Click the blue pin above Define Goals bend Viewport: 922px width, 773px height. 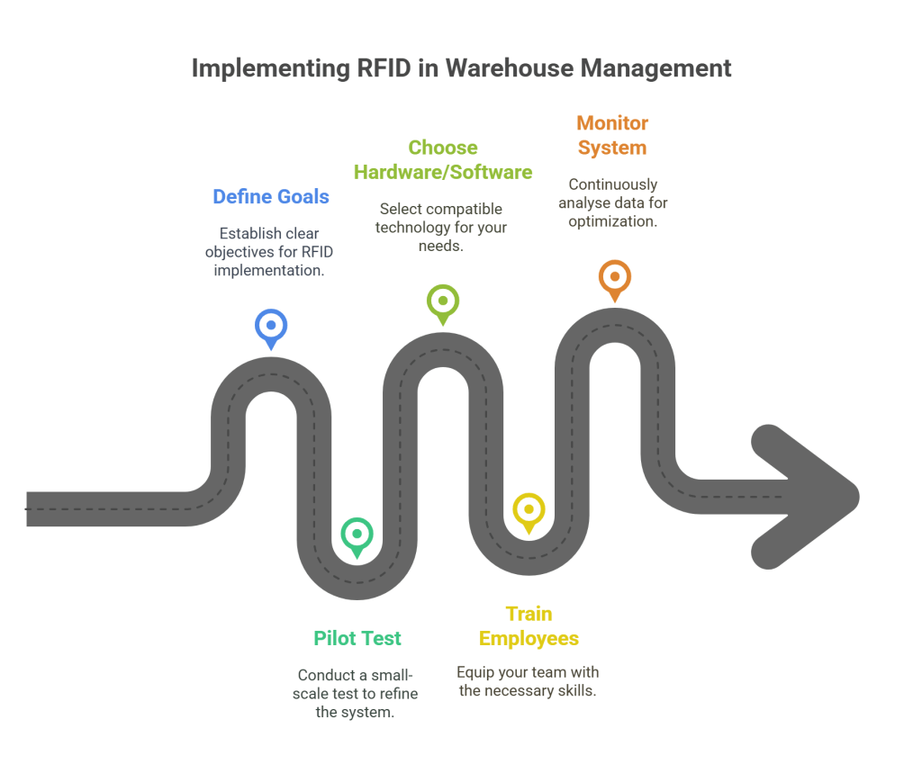pyautogui.click(x=271, y=327)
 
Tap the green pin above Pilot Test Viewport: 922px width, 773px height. pyautogui.click(x=357, y=535)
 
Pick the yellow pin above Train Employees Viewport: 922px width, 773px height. pyautogui.click(x=529, y=510)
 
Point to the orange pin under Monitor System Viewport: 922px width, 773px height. pyautogui.click(x=615, y=277)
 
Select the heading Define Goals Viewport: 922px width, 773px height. pyautogui.click(x=271, y=196)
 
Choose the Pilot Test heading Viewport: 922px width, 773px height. pyautogui.click(x=357, y=638)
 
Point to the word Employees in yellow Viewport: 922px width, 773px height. pyautogui.click(x=529, y=638)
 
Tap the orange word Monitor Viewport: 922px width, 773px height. pyautogui.click(x=612, y=122)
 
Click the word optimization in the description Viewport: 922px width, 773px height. pyautogui.click(x=612, y=220)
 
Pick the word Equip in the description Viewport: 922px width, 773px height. pyautogui.click(x=475, y=672)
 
